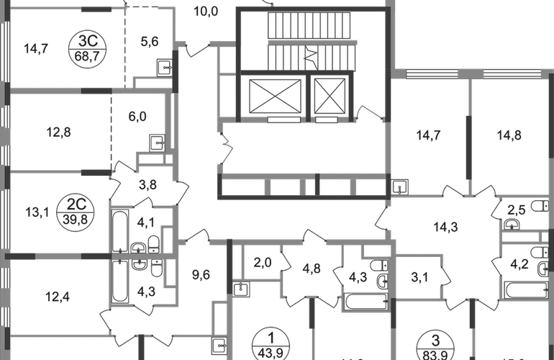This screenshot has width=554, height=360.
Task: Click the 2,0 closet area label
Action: (262, 262)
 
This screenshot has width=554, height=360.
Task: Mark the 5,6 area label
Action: (149, 42)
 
